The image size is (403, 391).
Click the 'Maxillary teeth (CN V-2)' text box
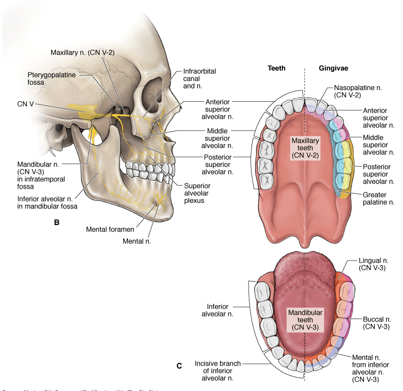pos(305,147)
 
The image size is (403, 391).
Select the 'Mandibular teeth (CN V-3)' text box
pos(305,319)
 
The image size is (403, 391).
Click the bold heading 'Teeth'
pos(277,68)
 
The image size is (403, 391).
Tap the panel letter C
pos(179,366)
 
